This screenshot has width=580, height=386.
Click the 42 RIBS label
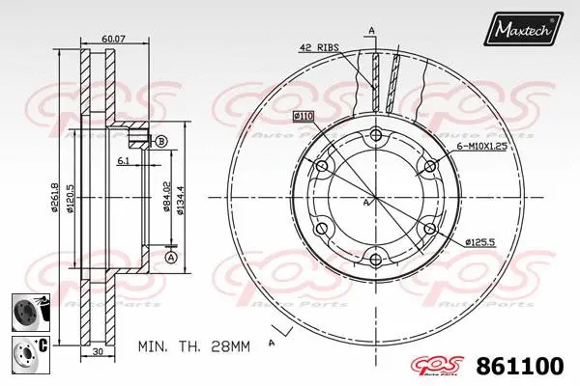(320, 46)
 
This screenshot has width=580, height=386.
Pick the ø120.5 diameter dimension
(72, 197)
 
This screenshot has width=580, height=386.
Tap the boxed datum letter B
(160, 141)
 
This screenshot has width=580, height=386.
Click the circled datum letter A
(170, 257)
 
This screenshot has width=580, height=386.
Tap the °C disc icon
(28, 348)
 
